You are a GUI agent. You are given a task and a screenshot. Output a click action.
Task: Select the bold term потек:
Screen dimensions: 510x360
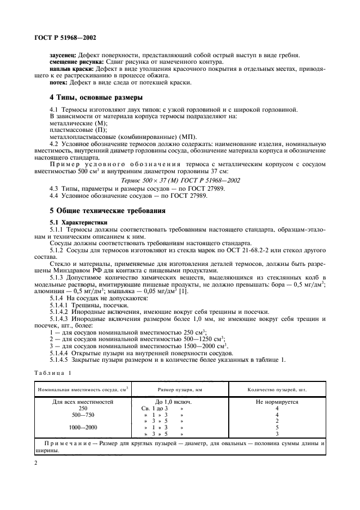(x=59, y=82)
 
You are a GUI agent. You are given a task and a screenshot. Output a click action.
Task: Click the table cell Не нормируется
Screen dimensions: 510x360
(x=277, y=402)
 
